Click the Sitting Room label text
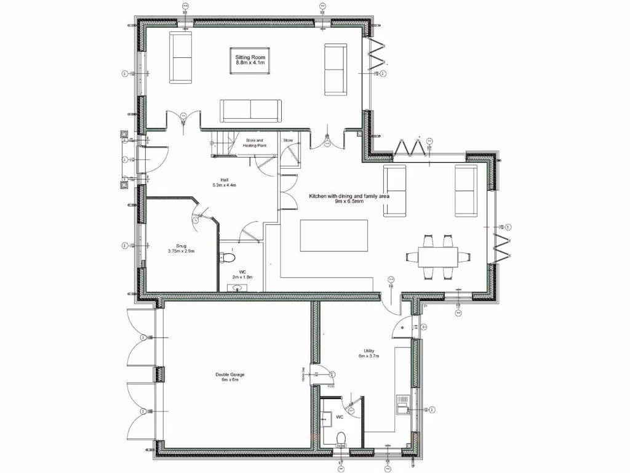(x=250, y=60)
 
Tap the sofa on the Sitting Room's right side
(x=335, y=70)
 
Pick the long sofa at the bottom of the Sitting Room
(x=250, y=110)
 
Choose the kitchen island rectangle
(x=333, y=235)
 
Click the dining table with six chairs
(x=438, y=255)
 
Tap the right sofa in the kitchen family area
(x=465, y=191)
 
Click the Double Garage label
(x=230, y=377)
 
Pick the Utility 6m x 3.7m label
(x=369, y=354)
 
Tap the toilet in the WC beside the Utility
(x=341, y=439)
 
